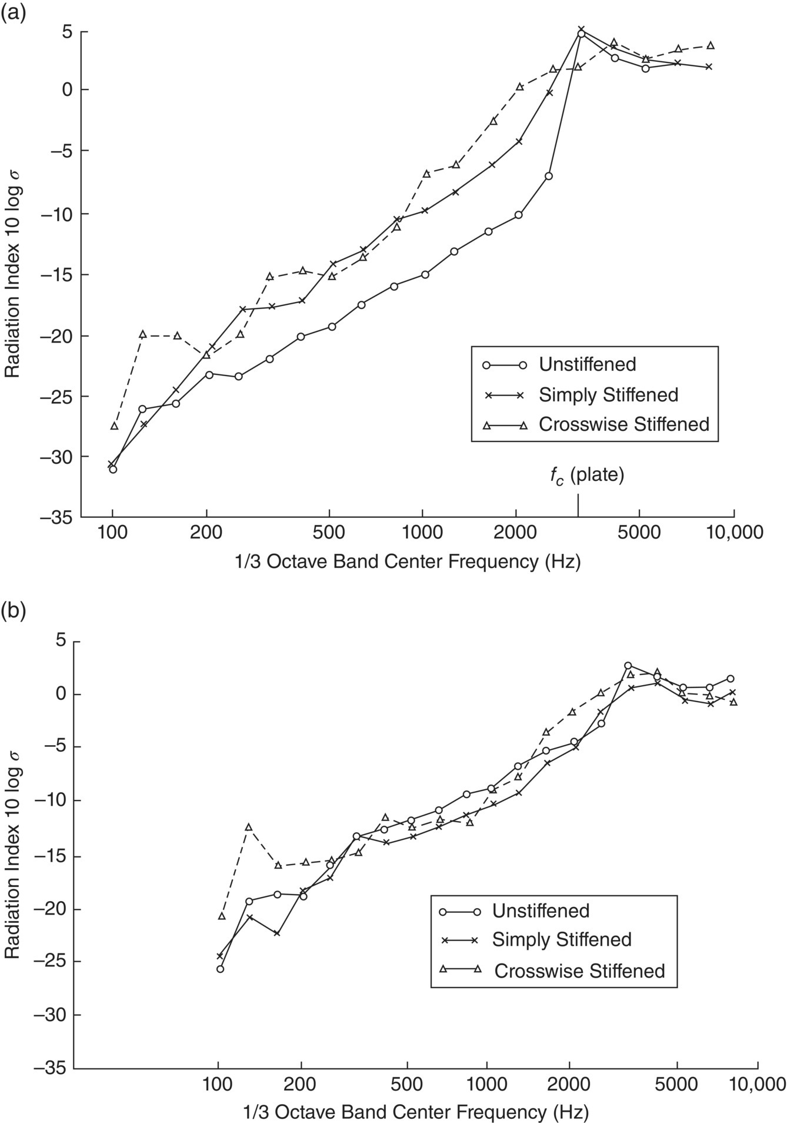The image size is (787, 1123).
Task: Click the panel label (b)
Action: [12, 610]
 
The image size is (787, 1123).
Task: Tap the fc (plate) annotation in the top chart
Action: [586, 475]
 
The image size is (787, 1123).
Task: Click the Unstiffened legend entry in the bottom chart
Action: [541, 911]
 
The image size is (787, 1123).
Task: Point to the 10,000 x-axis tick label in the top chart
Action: [734, 533]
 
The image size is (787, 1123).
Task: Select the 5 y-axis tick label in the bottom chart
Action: [59, 642]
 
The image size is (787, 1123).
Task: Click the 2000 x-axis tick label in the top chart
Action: [516, 533]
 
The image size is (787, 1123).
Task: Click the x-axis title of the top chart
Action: [408, 562]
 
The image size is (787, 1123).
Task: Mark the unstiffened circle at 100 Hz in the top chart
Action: [113, 469]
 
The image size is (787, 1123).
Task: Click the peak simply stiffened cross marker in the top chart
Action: [581, 29]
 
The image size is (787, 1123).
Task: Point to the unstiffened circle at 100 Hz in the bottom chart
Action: [221, 969]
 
